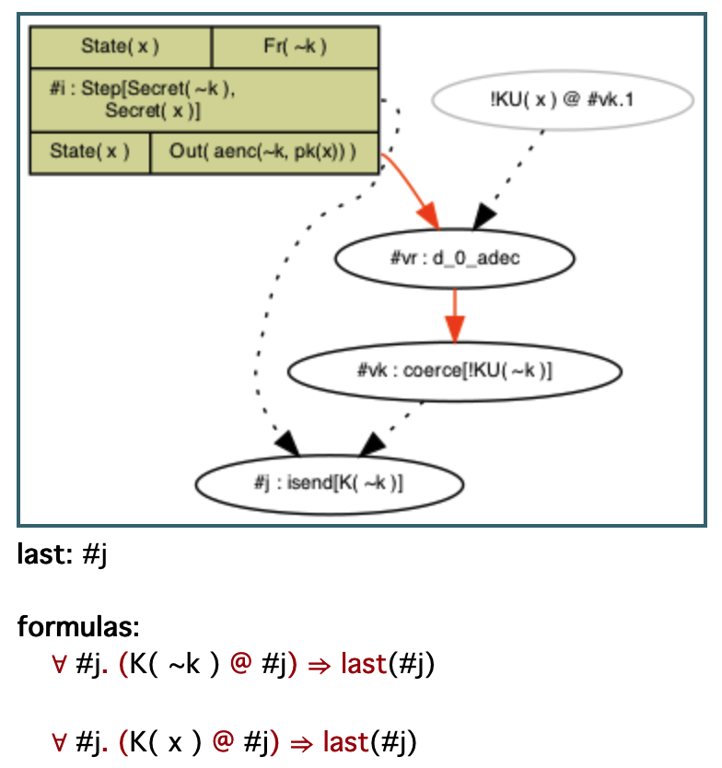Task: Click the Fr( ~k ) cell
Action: pos(295,46)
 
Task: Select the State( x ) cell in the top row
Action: pos(121,46)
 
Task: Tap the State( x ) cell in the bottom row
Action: pos(89,152)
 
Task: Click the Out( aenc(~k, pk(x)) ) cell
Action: pos(263,152)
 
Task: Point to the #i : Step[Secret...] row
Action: pos(204,99)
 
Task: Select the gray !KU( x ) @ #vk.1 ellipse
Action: pos(562,99)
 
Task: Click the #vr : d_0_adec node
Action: pos(455,258)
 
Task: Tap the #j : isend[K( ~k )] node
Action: pos(330,483)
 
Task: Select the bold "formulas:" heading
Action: pos(78,628)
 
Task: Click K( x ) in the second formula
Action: pos(167,741)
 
